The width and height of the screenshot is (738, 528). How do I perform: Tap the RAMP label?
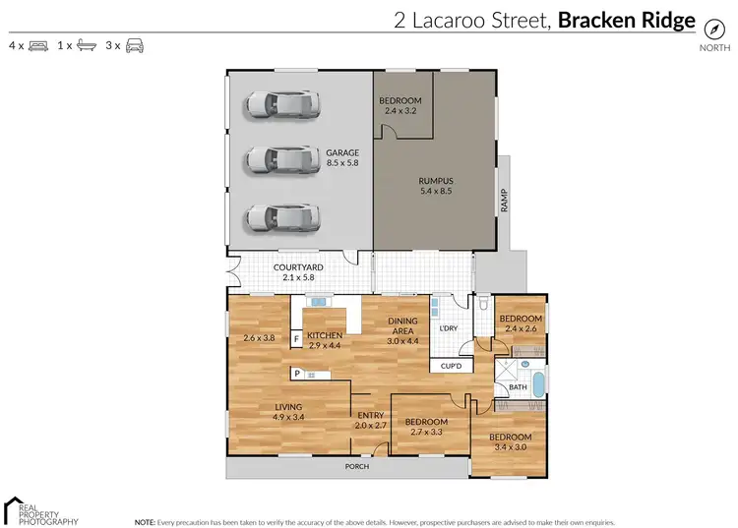(x=504, y=200)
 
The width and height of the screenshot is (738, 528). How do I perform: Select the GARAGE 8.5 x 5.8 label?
(x=343, y=158)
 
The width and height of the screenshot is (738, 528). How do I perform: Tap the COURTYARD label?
(x=298, y=272)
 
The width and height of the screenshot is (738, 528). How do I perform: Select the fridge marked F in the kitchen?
(x=296, y=340)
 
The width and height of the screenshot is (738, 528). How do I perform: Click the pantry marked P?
(x=296, y=374)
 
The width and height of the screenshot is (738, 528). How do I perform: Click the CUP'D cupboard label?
(x=453, y=366)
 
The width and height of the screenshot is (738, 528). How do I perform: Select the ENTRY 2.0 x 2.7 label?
(x=370, y=420)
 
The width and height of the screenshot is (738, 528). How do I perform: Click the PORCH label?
(x=357, y=466)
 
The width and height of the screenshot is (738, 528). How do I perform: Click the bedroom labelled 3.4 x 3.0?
(x=511, y=442)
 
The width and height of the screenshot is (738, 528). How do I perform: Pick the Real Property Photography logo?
(x=39, y=509)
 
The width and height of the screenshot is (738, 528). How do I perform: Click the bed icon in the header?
(x=39, y=45)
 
